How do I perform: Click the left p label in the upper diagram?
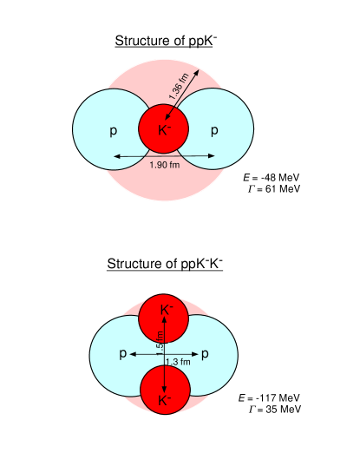click(113, 131)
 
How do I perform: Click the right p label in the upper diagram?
click(214, 131)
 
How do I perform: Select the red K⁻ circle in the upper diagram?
click(164, 130)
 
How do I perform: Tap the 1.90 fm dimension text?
click(164, 165)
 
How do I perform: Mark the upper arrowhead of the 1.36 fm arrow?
click(199, 69)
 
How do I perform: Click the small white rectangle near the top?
click(216, 43)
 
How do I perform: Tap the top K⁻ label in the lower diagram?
click(166, 309)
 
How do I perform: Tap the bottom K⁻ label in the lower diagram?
click(165, 401)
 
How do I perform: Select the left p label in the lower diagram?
click(122, 354)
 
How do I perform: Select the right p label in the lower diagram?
click(205, 354)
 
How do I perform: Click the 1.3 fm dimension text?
click(177, 362)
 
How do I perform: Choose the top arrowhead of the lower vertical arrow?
click(164, 320)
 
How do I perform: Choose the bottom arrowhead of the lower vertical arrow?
click(164, 390)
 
